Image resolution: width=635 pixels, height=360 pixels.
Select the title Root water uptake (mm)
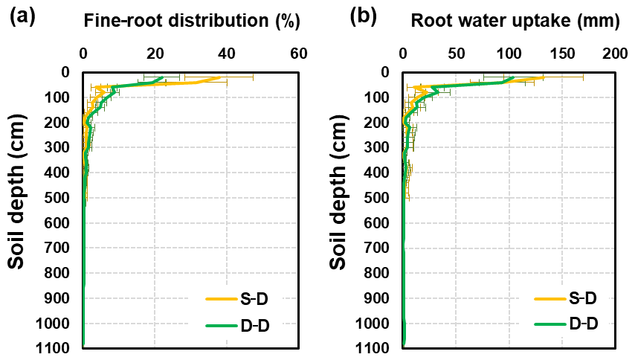[x=515, y=22]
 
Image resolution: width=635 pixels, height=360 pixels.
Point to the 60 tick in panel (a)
[x=298, y=54]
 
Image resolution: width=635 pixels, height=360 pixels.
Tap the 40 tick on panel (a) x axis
[x=226, y=54]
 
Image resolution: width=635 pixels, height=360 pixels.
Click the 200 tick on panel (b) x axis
[x=615, y=54]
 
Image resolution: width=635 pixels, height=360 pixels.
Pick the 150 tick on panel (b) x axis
[x=562, y=54]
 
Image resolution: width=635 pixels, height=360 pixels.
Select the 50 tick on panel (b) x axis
[x=456, y=54]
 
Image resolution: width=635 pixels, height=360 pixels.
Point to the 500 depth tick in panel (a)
[x=59, y=197]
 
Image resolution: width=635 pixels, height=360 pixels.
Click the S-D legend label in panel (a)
[x=263, y=299]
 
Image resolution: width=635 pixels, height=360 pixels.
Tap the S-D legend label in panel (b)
[x=582, y=299]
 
